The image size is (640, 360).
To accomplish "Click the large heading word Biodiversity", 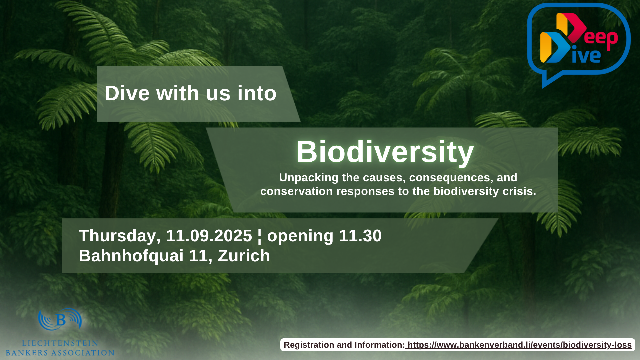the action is coord(385,152).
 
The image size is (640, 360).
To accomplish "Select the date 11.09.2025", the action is coord(209,236).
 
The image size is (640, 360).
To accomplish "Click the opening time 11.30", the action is coord(360,236).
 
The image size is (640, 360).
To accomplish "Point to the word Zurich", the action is coord(244,256).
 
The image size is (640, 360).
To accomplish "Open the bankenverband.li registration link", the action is coord(520,345).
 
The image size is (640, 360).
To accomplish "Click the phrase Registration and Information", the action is coord(344,345).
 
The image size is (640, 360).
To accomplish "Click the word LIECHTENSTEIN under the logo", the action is coord(60,343).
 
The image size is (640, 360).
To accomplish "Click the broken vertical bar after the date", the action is coord(260,236).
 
